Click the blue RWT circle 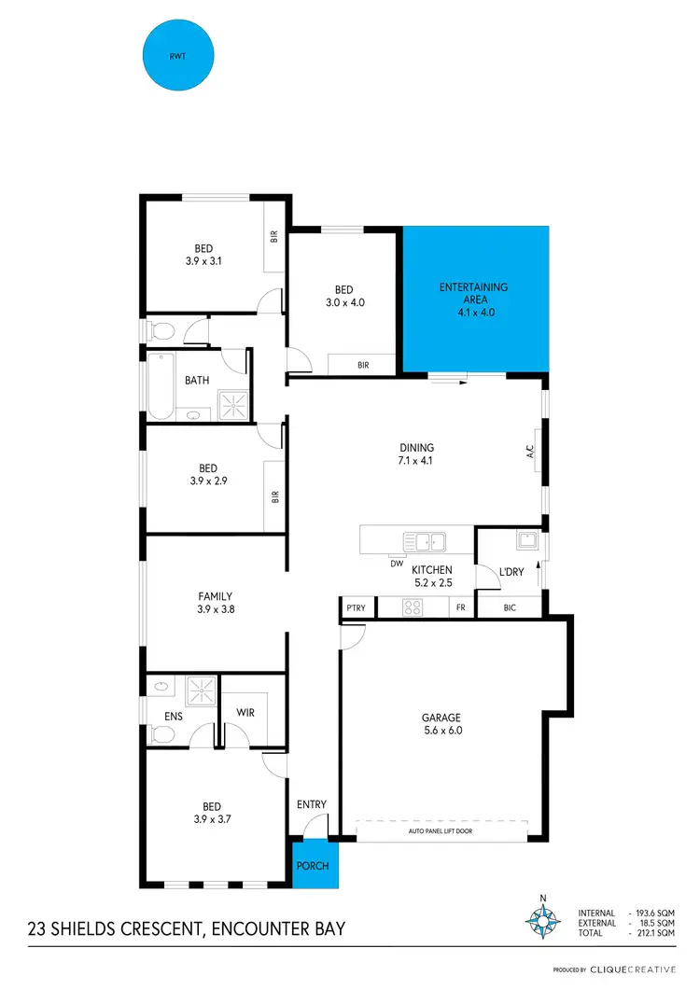(x=176, y=55)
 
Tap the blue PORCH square (x=314, y=865)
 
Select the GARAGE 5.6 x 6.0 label (x=441, y=724)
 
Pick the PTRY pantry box (x=356, y=608)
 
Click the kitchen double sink (x=425, y=539)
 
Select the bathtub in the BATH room (x=159, y=385)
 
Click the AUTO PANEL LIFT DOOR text (x=441, y=830)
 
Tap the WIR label (x=245, y=713)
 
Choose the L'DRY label (x=511, y=572)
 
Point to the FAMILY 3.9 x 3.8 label (x=215, y=603)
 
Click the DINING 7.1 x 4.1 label (x=417, y=453)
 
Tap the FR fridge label (x=461, y=608)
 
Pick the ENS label (x=172, y=718)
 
